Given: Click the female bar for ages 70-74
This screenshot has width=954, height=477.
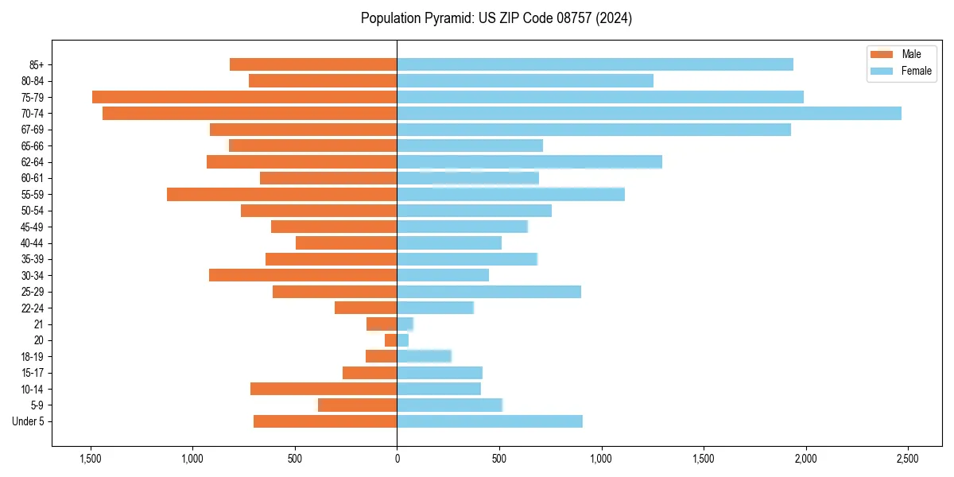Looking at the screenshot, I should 649,114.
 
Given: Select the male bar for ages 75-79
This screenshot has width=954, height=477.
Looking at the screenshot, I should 244,97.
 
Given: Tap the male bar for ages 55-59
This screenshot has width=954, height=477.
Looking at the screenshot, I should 281,195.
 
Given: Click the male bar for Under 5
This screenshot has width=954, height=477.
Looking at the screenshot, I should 325,421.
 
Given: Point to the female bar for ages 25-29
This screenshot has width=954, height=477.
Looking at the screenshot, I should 489,292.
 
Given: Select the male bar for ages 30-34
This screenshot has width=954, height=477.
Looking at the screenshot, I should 303,275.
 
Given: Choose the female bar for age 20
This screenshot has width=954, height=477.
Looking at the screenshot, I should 403,340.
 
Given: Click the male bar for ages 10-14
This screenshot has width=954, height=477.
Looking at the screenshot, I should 324,389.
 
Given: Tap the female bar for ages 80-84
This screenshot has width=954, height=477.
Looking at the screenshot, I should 525,81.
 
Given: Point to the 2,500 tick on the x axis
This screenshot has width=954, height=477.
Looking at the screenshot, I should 908,459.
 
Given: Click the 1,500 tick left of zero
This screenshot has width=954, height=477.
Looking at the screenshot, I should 91,459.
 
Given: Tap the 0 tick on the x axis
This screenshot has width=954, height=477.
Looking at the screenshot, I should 397,459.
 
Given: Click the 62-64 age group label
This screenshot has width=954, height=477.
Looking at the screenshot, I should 33,162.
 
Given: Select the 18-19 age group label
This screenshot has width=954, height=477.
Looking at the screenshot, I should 33,357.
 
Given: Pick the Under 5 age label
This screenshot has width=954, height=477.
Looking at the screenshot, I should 29,421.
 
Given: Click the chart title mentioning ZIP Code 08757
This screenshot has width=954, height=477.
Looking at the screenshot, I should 496,18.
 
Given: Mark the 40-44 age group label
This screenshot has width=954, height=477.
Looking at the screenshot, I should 33,243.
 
